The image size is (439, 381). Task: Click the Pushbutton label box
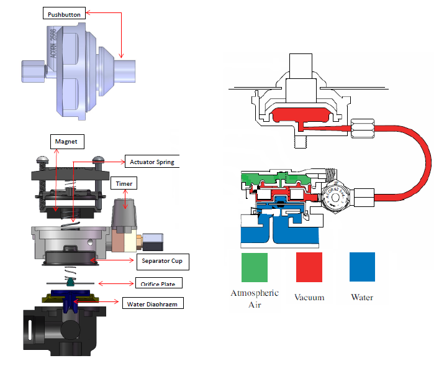(62, 13)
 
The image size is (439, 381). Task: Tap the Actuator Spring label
(152, 162)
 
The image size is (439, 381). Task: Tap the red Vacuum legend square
(309, 267)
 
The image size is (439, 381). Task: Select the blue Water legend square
(362, 267)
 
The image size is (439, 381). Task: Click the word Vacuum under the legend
(309, 297)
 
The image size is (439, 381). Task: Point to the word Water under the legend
(362, 297)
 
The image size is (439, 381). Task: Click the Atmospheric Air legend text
(254, 298)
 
